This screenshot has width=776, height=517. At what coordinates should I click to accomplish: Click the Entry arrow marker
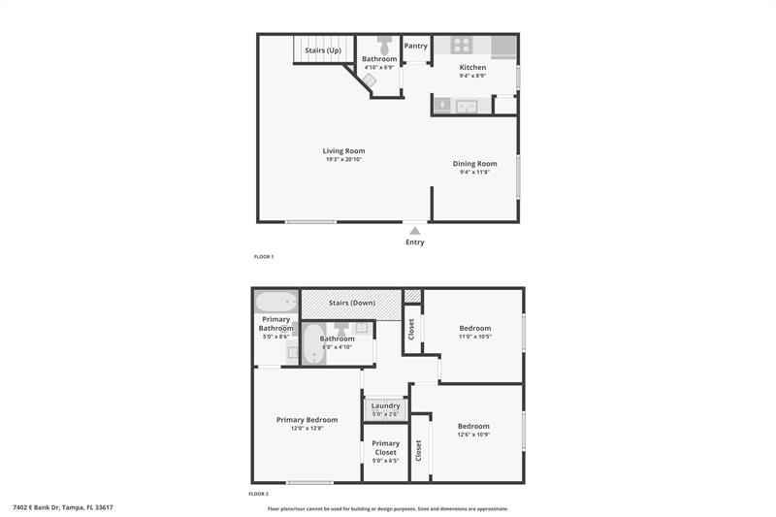415,230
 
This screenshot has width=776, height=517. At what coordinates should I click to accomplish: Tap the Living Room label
344,151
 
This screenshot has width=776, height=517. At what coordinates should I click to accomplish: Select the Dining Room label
474,164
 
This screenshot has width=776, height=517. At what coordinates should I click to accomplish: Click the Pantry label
416,46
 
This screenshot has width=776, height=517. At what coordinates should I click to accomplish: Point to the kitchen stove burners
462,45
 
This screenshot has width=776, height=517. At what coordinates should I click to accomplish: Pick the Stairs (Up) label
323,49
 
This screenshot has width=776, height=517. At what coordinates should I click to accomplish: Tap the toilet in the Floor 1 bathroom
384,45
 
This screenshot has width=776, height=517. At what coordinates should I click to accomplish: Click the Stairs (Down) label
352,303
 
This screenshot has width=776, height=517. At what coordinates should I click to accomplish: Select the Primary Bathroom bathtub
276,302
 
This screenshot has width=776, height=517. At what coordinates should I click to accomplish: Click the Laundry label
385,405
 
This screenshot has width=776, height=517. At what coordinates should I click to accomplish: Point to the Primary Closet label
385,447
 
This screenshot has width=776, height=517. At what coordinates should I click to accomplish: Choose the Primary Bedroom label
307,420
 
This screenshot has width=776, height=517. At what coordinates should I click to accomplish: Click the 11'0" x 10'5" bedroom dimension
474,337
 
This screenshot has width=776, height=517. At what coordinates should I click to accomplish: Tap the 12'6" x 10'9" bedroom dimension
473,434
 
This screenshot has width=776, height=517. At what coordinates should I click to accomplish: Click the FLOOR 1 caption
264,256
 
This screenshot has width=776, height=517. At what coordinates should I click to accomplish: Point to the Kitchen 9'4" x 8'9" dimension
472,76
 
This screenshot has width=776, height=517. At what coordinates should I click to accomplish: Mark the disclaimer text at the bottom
388,508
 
